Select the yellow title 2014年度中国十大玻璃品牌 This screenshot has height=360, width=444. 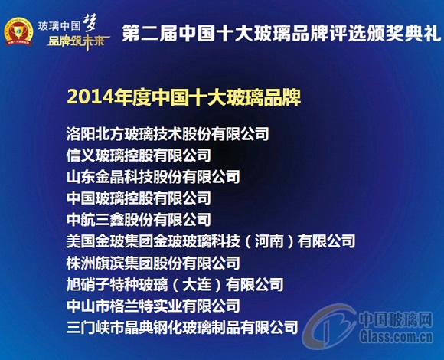[x=183, y=98]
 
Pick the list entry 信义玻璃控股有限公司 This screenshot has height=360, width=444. [x=139, y=155]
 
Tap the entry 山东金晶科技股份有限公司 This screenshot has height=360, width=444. [x=153, y=177]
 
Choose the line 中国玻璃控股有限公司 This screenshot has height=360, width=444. [x=139, y=198]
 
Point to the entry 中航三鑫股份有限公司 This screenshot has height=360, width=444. [x=139, y=220]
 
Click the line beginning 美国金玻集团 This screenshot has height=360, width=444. [x=211, y=241]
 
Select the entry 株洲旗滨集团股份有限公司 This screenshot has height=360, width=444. [x=153, y=263]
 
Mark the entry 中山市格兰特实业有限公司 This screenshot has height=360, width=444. [x=153, y=306]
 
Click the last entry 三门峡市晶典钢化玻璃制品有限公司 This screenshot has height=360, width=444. [x=182, y=328]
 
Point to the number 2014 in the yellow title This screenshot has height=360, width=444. [x=85, y=98]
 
